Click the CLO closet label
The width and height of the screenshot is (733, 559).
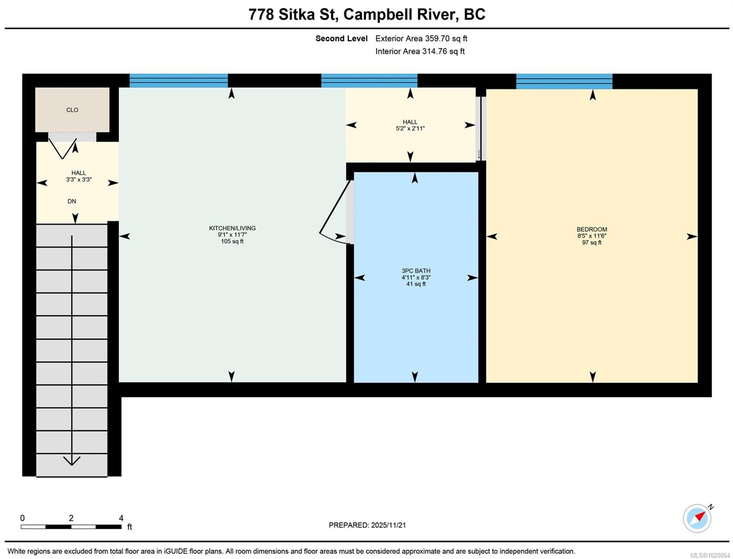[72, 110]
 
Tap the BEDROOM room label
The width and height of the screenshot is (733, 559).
[591, 229]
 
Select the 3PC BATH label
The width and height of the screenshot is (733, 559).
[416, 271]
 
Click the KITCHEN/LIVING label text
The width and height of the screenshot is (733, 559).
[232, 228]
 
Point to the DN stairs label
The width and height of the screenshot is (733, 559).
[72, 201]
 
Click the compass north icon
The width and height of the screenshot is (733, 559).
[697, 518]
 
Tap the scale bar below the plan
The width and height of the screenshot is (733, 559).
[71, 527]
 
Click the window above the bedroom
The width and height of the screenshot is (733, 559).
[564, 81]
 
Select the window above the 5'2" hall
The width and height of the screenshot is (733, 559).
[369, 81]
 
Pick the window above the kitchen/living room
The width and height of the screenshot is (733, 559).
[178, 81]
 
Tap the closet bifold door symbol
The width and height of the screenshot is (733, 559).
[63, 148]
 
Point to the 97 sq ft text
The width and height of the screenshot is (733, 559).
[591, 243]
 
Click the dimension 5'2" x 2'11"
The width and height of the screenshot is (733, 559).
[410, 129]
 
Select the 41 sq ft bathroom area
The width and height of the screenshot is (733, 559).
[416, 284]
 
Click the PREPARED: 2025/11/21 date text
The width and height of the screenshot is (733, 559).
[367, 525]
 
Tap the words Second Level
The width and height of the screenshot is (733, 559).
[341, 39]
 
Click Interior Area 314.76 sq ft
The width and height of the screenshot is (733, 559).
[420, 51]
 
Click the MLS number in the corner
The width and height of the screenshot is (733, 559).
[710, 555]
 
